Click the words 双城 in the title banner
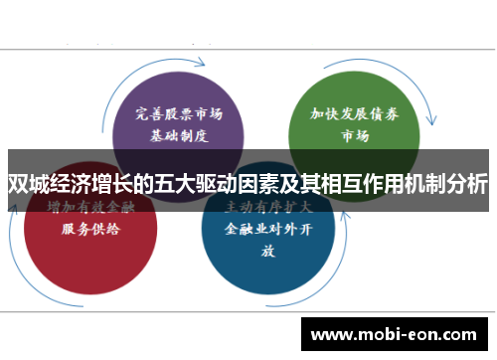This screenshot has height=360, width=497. (28, 183)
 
